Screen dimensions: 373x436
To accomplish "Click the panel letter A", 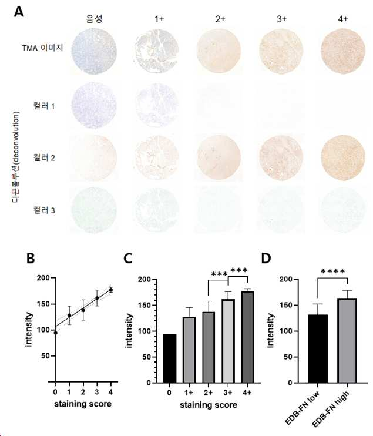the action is [19, 12].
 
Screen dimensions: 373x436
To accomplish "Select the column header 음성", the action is [94, 19].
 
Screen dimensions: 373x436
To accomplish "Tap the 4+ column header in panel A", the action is [343, 19].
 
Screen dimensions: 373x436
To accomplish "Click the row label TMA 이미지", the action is [42, 48].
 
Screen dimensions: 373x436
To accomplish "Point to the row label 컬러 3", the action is [44, 210].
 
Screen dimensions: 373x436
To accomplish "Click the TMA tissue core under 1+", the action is [157, 52].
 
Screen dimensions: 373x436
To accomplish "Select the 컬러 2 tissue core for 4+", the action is [343, 158].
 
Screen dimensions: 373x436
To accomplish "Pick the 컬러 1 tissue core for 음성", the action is [94, 106].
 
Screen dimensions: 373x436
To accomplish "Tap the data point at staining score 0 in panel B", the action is [56, 333].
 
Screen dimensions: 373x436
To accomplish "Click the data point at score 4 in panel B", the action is [111, 290].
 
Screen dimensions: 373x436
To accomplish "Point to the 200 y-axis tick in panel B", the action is [43, 278].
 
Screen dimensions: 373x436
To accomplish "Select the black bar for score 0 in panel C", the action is [170, 358].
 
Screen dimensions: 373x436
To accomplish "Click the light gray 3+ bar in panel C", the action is [228, 341].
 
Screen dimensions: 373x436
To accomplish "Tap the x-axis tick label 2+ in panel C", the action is [209, 393].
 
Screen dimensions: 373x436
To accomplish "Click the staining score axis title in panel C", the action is [209, 405].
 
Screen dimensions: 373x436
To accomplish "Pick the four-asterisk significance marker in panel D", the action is [332, 271].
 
